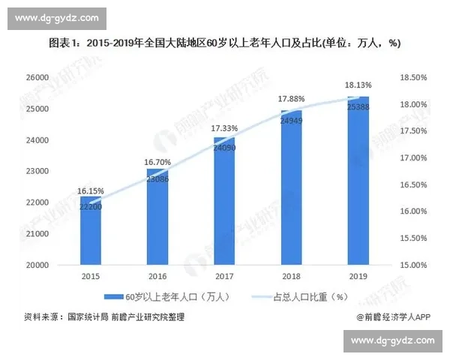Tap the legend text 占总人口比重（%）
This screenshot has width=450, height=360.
[x=308, y=296]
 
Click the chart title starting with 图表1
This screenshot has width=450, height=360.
[x=225, y=43]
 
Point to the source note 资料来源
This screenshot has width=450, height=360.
[x=104, y=316]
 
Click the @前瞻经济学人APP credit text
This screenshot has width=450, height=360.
[x=395, y=316]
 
